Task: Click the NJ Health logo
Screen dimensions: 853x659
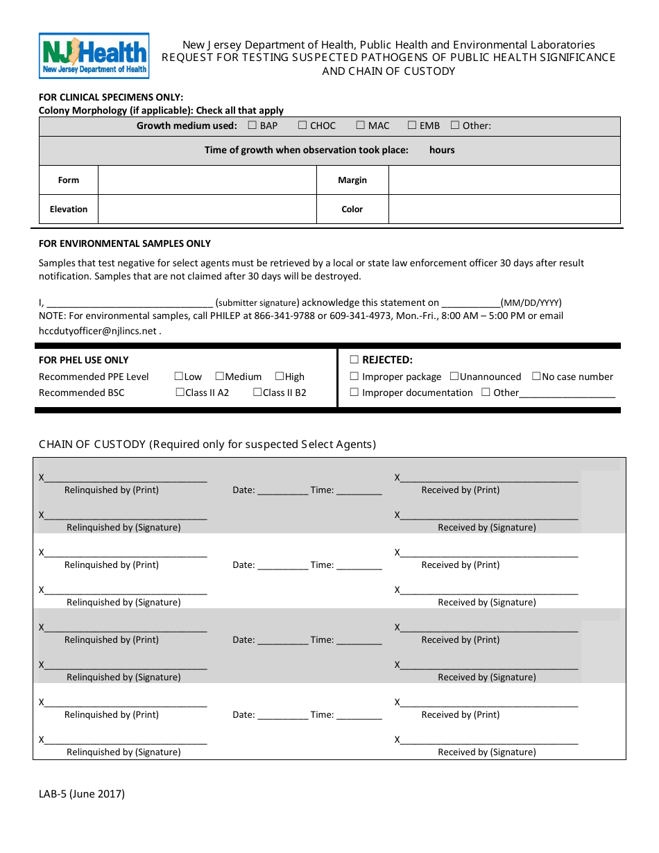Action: pos(94,55)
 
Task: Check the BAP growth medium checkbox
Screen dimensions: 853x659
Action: pos(253,126)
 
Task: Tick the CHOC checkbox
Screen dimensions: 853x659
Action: pos(302,126)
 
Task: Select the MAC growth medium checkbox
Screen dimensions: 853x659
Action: pos(361,126)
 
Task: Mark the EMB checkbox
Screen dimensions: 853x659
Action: pos(412,126)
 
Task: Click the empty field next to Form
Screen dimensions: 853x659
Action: pos(207,180)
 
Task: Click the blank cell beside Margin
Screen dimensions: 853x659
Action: pos(504,180)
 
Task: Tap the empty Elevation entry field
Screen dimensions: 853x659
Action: pos(207,209)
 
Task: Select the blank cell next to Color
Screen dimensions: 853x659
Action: pos(504,209)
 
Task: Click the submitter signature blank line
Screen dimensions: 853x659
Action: pos(129,303)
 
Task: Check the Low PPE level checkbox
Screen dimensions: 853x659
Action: pos(178,377)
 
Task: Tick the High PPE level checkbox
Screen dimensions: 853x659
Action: pos(280,377)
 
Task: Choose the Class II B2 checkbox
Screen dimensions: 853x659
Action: pos(257,393)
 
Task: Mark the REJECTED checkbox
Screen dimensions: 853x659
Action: pos(354,360)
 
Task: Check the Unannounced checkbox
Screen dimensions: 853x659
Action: pos(454,377)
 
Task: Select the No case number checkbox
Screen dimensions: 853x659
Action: pos(536,377)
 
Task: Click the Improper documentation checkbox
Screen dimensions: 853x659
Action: pos(354,393)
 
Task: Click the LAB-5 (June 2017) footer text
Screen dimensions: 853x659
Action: pos(82,795)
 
